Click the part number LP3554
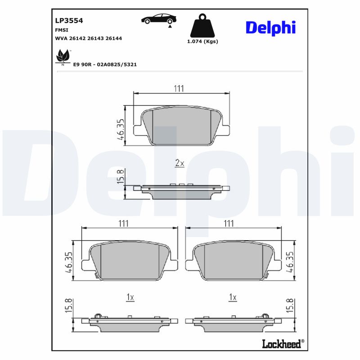69,20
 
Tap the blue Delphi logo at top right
270,27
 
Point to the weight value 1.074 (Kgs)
202,41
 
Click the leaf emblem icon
62,57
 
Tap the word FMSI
61,30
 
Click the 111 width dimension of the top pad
179,89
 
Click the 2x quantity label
179,163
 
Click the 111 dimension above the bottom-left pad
124,224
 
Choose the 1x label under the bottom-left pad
130,297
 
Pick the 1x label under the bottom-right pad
233,297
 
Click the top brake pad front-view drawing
182,126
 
